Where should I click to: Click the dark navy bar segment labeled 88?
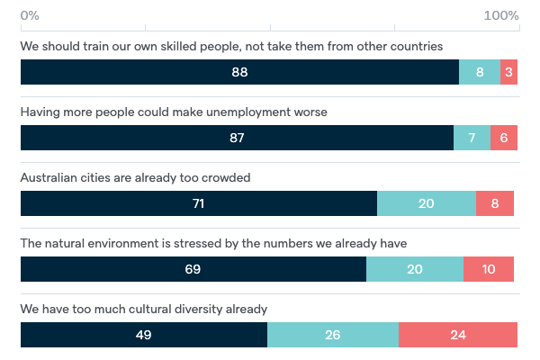click(239, 72)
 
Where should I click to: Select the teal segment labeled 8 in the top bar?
click(480, 72)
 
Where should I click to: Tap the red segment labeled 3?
click(509, 72)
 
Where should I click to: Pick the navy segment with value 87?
click(237, 138)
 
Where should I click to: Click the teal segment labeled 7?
click(472, 138)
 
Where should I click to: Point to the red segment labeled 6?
click(504, 138)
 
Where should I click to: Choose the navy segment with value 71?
click(199, 203)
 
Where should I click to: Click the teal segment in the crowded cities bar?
click(427, 203)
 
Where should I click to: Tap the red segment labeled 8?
click(495, 203)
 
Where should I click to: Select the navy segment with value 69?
click(193, 269)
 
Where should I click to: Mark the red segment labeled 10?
click(489, 269)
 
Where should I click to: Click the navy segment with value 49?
click(144, 335)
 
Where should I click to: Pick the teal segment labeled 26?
click(333, 335)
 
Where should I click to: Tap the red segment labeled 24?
click(458, 335)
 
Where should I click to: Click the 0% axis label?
click(30, 16)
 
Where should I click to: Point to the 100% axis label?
click(501, 16)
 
